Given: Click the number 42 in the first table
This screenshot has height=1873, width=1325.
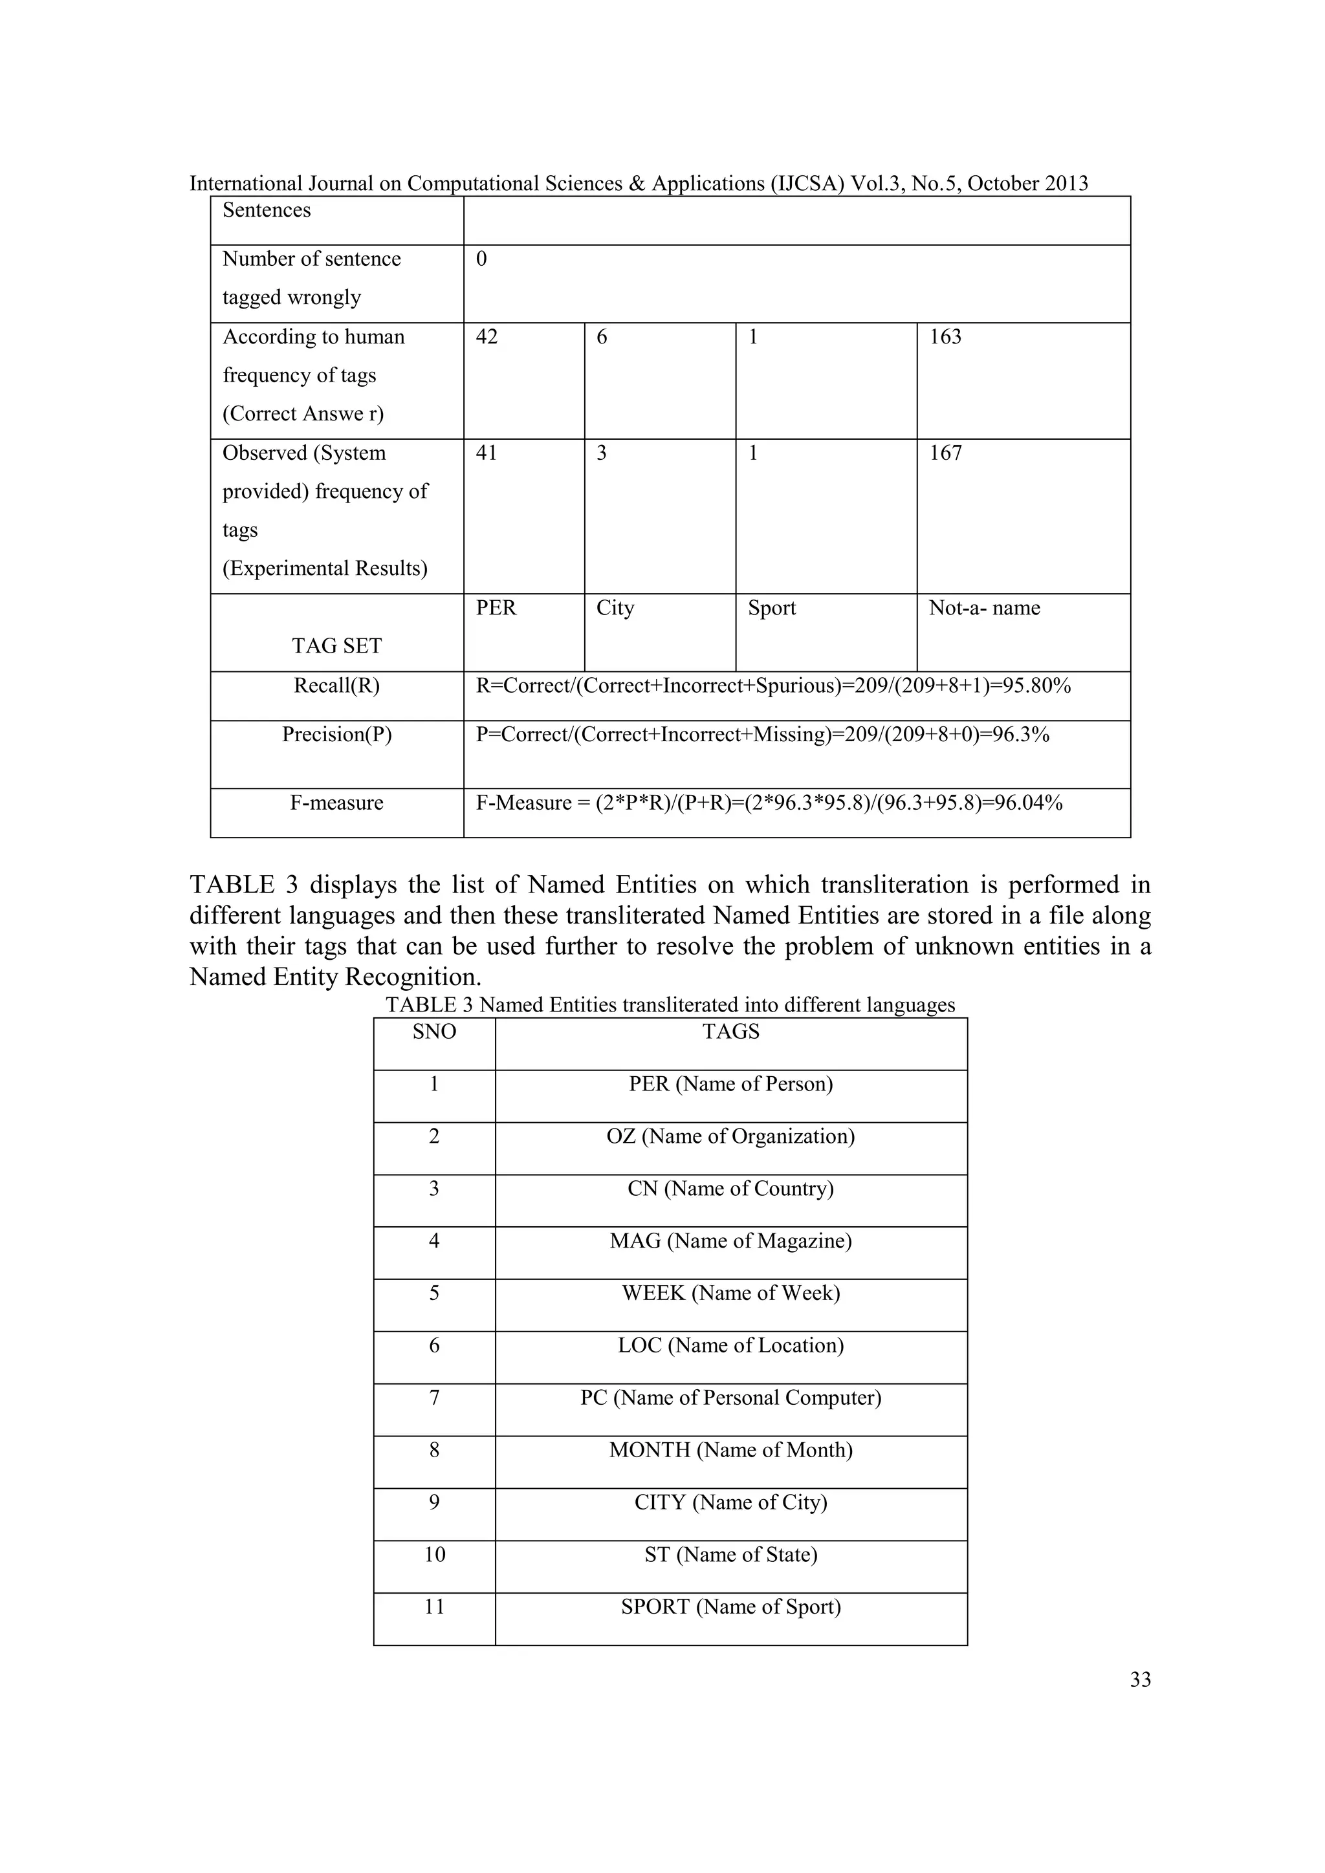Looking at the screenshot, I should pos(487,337).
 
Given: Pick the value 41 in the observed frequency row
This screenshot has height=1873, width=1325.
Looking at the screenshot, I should pos(487,453).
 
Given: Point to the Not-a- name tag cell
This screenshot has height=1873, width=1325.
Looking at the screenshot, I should pos(984,608).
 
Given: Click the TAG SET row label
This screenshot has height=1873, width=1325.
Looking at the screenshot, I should pos(337,646).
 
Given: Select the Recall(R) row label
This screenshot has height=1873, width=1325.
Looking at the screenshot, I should pos(337,686).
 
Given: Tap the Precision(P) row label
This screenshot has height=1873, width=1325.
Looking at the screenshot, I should pos(337,734).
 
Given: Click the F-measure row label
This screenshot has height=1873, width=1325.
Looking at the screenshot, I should pos(337,803).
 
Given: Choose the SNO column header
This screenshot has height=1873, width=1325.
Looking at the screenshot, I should pos(434,1032).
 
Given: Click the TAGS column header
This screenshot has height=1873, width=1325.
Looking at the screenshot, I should pos(731,1032).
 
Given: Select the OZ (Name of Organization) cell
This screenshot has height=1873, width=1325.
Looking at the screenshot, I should pos(731,1136).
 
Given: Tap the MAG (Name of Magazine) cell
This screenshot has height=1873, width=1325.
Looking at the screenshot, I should pos(731,1240).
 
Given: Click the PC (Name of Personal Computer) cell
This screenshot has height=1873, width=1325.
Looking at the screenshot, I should pos(731,1398).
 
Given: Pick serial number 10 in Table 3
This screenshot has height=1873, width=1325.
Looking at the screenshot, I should pos(434,1554).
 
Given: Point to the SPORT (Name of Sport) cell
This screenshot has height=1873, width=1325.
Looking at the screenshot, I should pos(731,1607).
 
